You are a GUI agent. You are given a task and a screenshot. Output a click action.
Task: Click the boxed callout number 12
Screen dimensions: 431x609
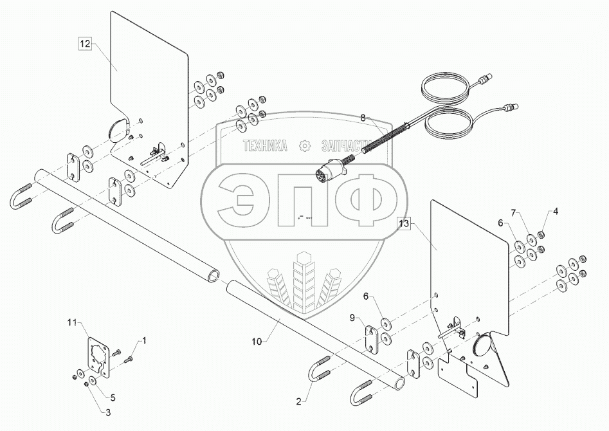tap(85, 44)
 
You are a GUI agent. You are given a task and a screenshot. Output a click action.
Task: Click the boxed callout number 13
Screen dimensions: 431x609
tap(403, 224)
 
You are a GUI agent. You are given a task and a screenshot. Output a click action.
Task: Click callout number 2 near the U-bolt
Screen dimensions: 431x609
tap(298, 401)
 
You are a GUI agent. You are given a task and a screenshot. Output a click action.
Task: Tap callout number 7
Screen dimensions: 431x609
tap(513, 213)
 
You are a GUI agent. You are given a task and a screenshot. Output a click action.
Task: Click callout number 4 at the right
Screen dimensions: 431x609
tap(556, 211)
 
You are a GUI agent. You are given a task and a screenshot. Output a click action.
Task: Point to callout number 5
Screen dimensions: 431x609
tap(113, 397)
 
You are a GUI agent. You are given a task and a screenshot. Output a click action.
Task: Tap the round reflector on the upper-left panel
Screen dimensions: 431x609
tap(117, 129)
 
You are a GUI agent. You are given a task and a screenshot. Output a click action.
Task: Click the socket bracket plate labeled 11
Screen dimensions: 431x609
tap(99, 358)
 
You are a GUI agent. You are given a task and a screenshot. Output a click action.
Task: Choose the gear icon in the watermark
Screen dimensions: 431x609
tap(304, 146)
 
